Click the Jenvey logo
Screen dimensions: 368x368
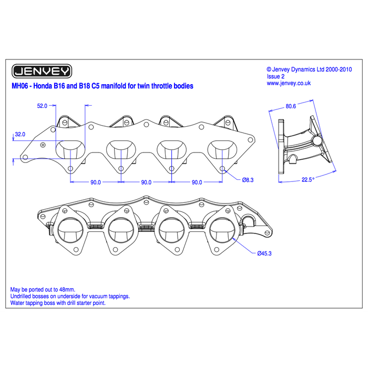coord(42,71)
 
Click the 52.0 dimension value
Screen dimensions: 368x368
coord(42,106)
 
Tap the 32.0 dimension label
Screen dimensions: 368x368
coord(20,134)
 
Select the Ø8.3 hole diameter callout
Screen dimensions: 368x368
coord(248,180)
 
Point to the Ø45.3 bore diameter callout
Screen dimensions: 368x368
coord(264,253)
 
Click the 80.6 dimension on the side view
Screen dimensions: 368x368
coord(291,106)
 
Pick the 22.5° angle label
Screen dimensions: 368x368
coord(308,180)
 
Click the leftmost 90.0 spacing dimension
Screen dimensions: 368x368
coord(96,182)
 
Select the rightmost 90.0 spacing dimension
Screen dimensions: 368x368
coord(197,182)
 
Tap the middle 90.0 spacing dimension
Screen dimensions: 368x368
coord(146,182)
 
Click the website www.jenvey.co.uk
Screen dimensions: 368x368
coord(289,83)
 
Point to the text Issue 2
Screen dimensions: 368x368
coord(275,76)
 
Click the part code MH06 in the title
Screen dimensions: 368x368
coord(20,86)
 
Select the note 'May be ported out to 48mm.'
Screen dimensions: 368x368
coord(43,289)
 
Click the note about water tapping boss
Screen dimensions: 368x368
coord(58,303)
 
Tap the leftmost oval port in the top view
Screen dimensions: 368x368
coord(70,149)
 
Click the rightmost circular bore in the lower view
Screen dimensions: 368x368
coord(222,230)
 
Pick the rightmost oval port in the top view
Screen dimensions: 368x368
coord(222,149)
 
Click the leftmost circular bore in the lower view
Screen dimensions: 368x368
coord(70,230)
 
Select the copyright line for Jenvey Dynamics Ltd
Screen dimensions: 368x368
coord(309,69)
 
